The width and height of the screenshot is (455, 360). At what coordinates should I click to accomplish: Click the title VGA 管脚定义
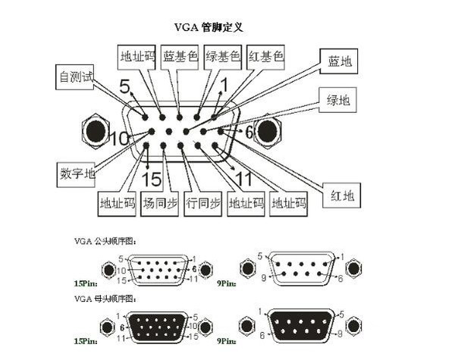pyautogui.click(x=209, y=27)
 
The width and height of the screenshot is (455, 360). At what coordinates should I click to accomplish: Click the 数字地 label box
pyautogui.click(x=77, y=173)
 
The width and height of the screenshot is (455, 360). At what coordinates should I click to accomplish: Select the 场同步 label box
pyautogui.click(x=160, y=203)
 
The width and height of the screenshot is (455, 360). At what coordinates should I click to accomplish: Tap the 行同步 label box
pyautogui.click(x=203, y=203)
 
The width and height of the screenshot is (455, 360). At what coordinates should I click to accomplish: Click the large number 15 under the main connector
pyautogui.click(x=152, y=180)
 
